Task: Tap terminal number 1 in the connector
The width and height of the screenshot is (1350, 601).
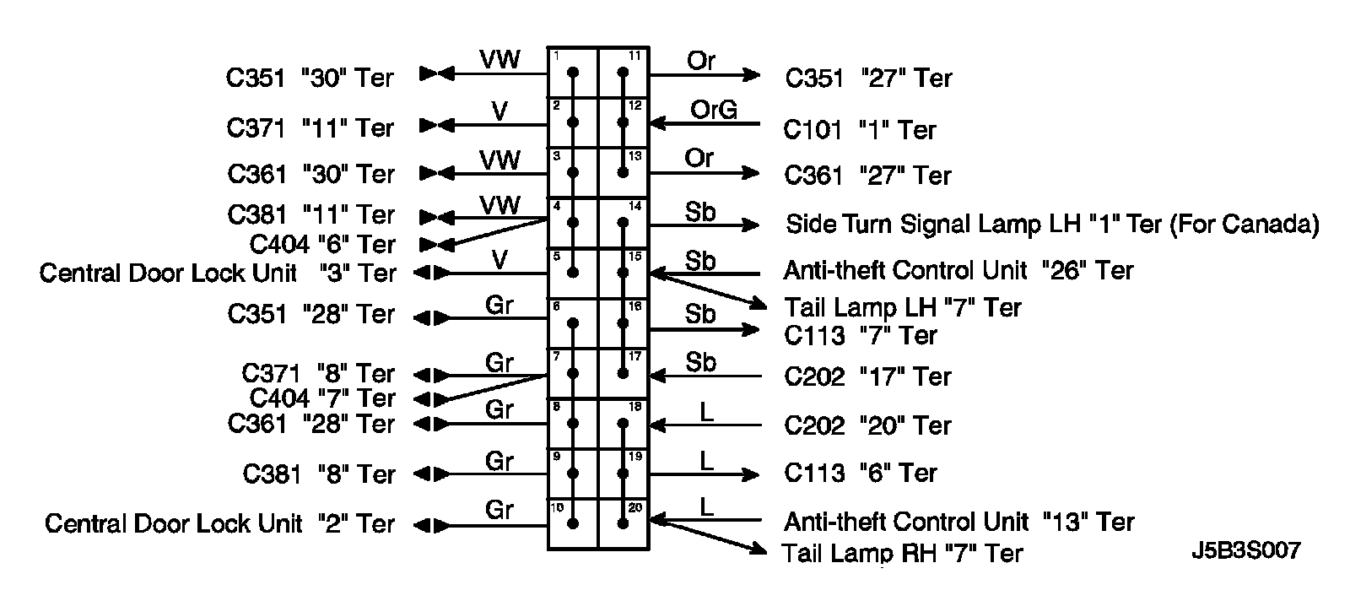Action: coord(556,56)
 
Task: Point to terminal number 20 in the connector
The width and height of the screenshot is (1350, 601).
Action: coord(635,507)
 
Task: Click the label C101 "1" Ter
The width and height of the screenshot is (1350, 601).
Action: coord(859,130)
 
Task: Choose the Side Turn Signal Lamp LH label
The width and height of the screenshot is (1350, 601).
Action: coord(1051,225)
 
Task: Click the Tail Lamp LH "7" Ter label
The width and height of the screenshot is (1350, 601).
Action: coord(902,307)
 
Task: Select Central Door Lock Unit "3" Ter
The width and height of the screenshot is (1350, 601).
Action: coord(217,273)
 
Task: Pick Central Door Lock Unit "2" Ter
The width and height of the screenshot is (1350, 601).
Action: coord(219,523)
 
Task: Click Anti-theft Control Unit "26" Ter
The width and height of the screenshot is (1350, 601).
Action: coord(958,270)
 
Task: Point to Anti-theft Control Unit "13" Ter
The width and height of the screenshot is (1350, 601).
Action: coord(958,522)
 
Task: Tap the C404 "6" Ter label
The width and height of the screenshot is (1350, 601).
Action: coord(322,245)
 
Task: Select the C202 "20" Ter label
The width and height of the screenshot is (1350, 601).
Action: coord(867,425)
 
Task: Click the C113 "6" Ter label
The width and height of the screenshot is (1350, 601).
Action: coord(860,473)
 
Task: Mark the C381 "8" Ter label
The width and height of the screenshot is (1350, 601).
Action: coord(318,474)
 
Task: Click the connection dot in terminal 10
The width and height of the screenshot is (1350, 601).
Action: coord(574,524)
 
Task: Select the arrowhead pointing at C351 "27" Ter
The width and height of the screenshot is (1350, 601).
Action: coord(751,75)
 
